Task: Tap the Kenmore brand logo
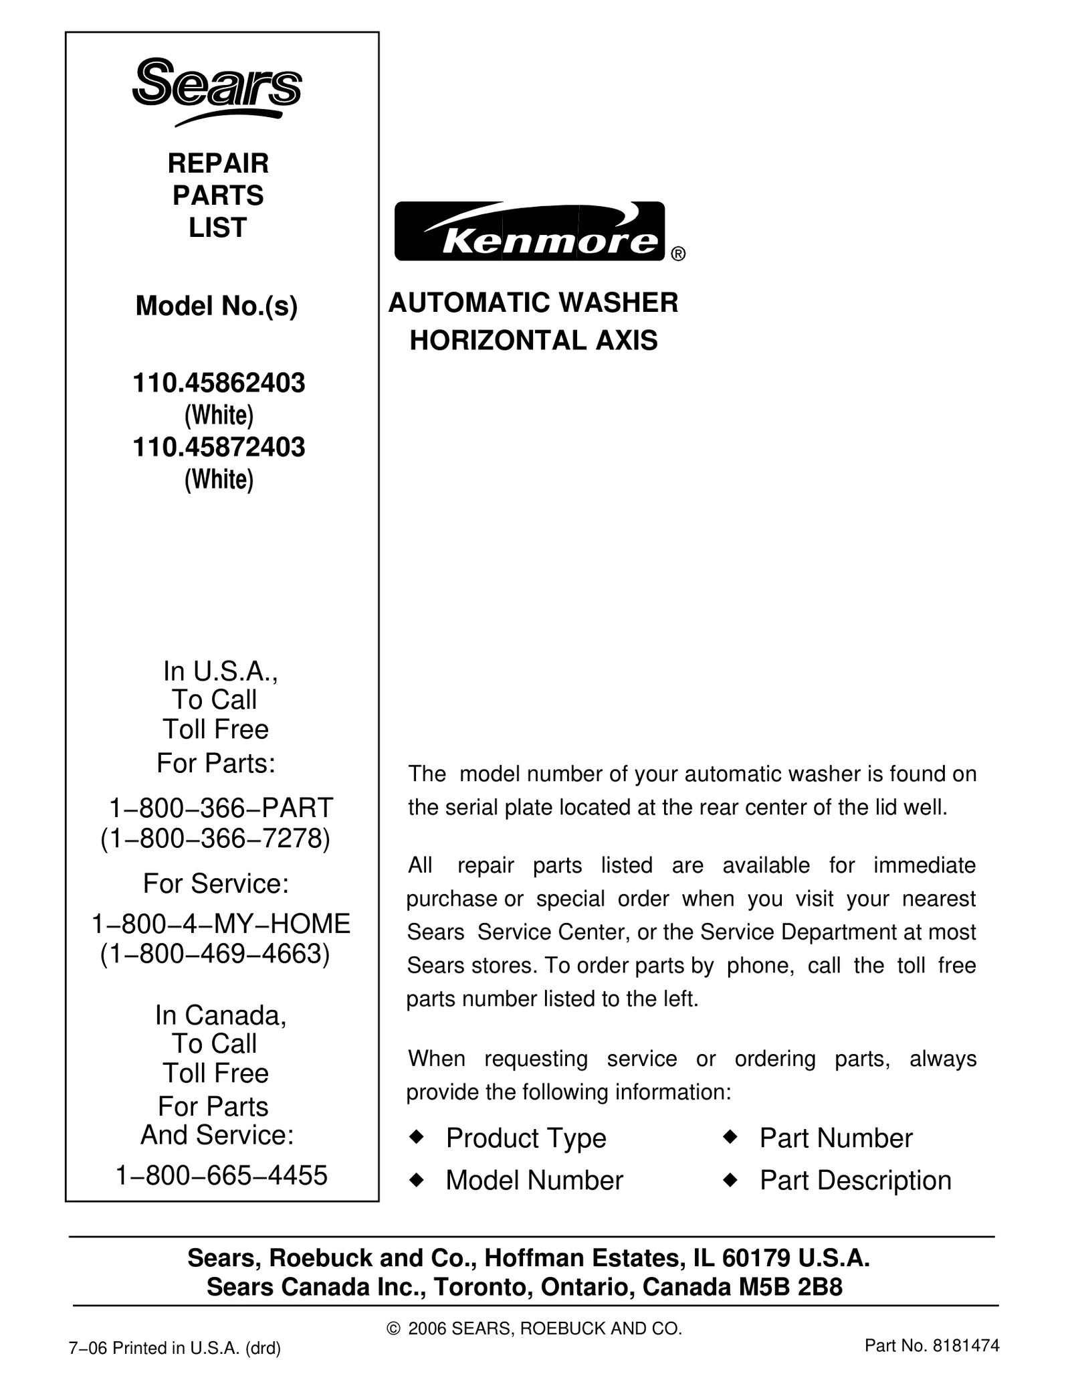(x=530, y=232)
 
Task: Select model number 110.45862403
(x=219, y=383)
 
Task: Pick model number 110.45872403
(x=219, y=447)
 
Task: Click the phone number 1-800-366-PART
(x=220, y=808)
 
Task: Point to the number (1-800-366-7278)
(x=215, y=839)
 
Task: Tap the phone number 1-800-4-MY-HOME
(x=220, y=924)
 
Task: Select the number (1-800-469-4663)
(x=215, y=954)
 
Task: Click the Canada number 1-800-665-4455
(x=221, y=1175)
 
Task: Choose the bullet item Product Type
(x=526, y=1138)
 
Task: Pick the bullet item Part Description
(x=855, y=1181)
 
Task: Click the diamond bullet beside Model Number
(x=417, y=1181)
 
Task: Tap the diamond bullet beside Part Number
(x=730, y=1137)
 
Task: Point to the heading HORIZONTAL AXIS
(x=533, y=341)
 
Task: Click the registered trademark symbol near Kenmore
(x=677, y=254)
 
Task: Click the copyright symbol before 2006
(x=393, y=1328)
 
